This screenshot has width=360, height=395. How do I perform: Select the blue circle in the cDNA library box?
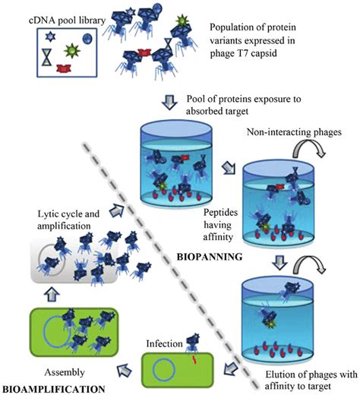coord(86,37)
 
